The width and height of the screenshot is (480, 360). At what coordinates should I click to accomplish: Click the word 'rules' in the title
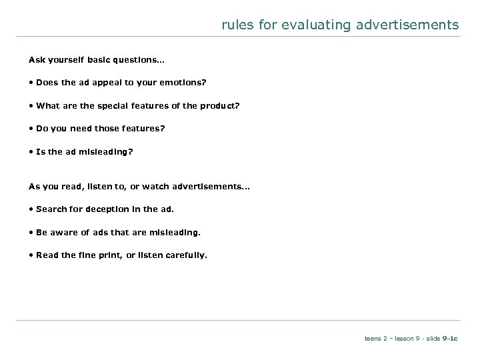pyautogui.click(x=235, y=25)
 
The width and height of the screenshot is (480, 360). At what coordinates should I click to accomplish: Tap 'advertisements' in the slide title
pyautogui.click(x=406, y=25)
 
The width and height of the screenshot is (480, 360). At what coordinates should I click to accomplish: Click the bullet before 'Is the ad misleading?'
pyautogui.click(x=31, y=151)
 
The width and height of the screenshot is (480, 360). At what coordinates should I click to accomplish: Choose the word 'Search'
pyautogui.click(x=51, y=209)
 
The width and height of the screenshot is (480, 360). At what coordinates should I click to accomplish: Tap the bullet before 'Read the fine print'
pyautogui.click(x=31, y=255)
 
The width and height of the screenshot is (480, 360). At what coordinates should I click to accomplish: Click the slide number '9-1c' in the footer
pyautogui.click(x=449, y=339)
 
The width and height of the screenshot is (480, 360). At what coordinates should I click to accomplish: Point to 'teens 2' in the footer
pyautogui.click(x=375, y=339)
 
